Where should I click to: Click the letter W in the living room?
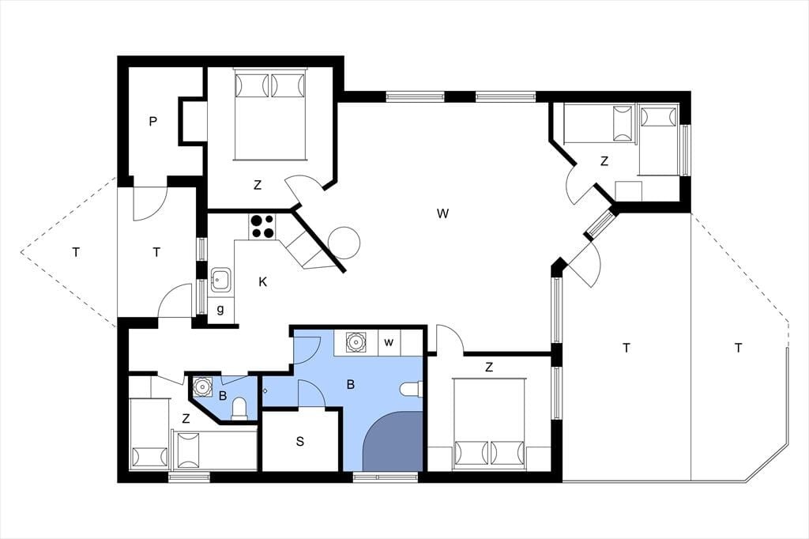442,213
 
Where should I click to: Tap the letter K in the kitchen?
263,282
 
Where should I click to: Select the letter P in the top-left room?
152,122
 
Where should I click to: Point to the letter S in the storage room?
299,442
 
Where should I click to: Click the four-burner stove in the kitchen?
262,227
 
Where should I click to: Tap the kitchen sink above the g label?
222,281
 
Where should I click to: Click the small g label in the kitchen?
220,310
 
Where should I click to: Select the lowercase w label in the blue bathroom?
389,342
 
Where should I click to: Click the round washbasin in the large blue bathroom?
356,341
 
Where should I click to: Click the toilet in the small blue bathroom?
239,409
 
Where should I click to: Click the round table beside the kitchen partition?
344,243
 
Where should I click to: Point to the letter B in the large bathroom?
351,385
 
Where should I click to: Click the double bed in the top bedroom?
270,114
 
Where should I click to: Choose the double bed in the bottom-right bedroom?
489,424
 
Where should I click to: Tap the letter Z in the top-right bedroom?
604,161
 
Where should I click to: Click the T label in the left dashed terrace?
77,252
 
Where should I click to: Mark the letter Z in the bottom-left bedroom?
186,419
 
